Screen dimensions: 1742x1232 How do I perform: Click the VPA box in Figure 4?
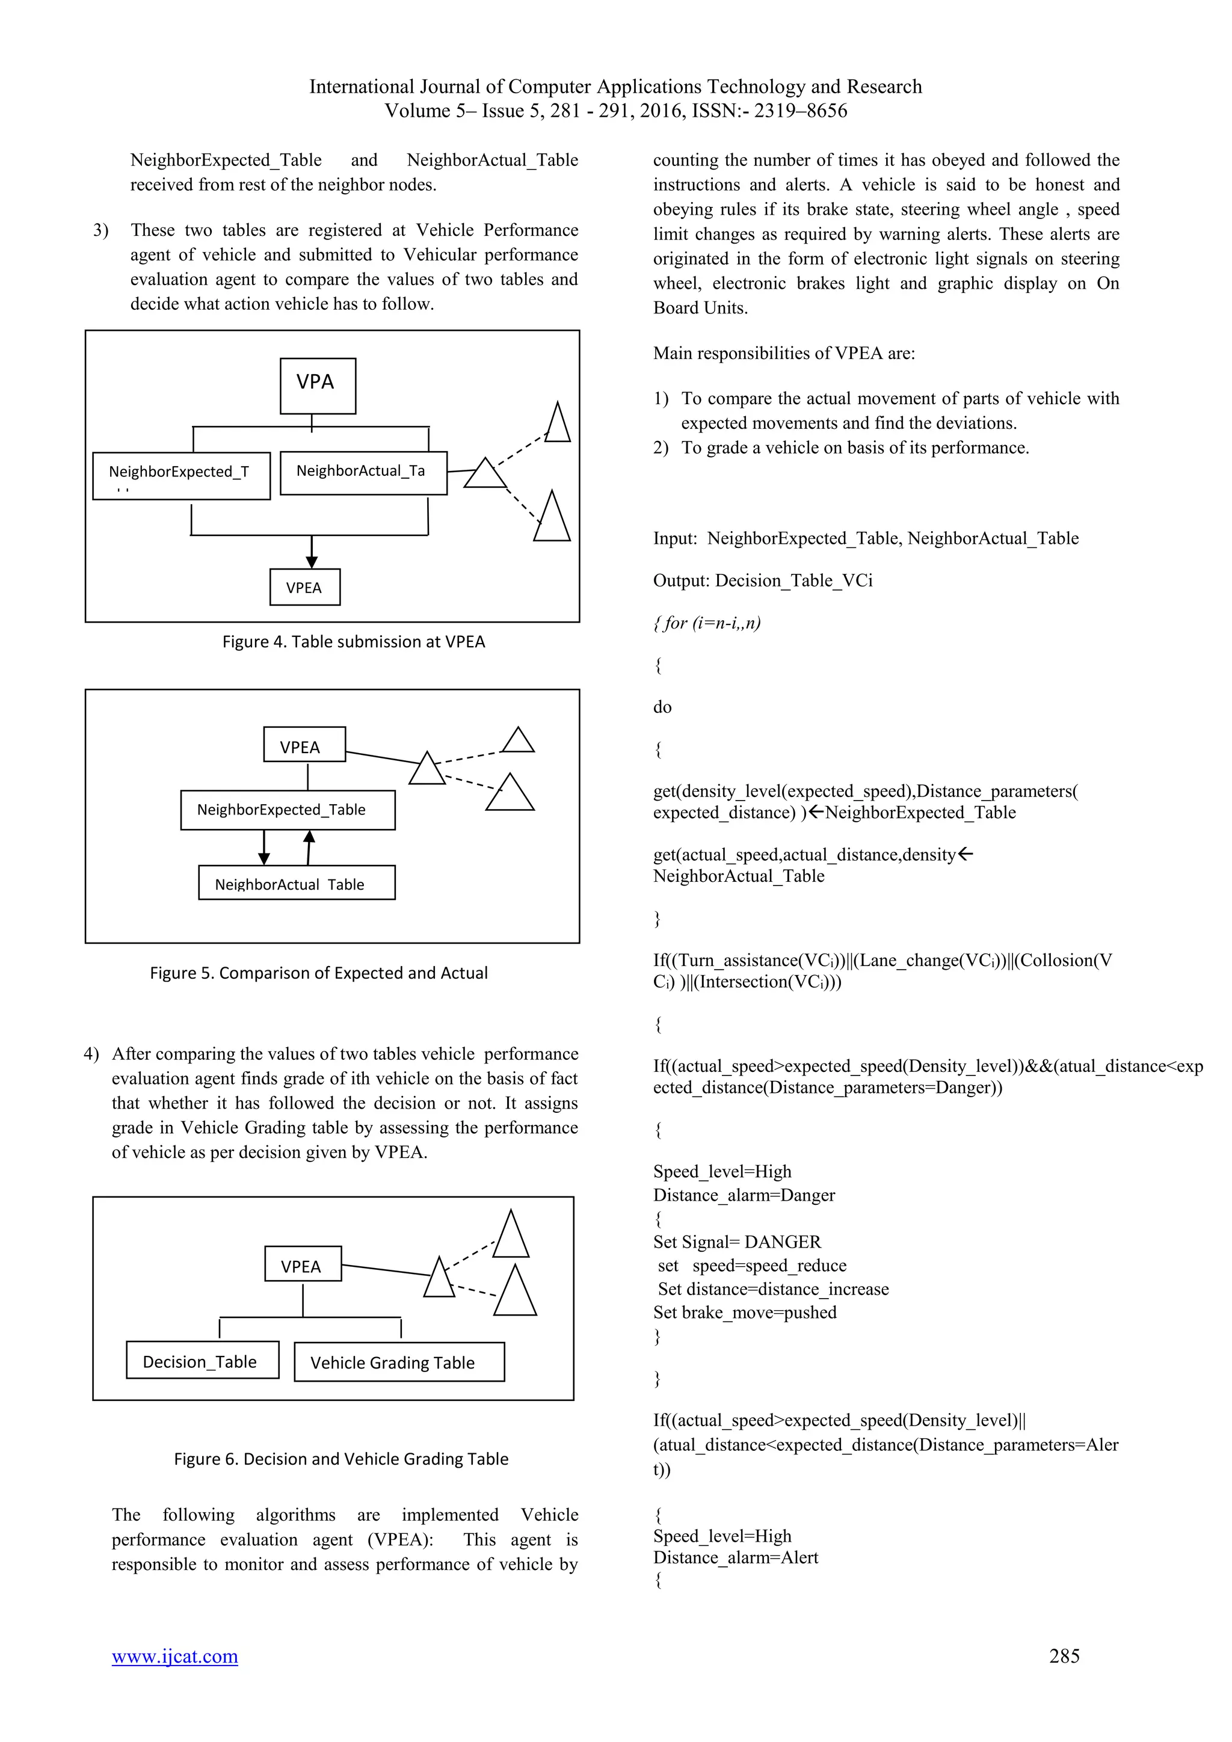(317, 386)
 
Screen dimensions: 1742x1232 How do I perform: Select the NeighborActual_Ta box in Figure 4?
(363, 473)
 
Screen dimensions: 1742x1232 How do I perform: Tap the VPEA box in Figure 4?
(304, 587)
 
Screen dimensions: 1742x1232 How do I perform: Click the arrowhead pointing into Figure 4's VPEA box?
(312, 561)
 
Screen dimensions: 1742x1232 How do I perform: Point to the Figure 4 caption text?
(354, 642)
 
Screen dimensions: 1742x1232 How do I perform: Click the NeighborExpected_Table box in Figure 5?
(288, 810)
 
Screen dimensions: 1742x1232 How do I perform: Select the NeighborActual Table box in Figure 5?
(296, 883)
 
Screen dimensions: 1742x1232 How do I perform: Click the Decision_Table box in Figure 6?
(202, 1361)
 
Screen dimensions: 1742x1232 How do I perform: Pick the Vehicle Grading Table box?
(398, 1362)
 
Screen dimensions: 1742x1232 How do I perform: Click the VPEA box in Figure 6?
(303, 1266)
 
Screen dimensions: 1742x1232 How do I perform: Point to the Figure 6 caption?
(340, 1458)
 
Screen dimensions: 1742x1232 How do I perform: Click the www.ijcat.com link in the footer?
(174, 1655)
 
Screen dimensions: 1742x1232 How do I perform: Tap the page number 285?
(1064, 1655)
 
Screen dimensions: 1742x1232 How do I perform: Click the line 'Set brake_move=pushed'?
(744, 1313)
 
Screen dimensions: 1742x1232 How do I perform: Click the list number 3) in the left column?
(101, 230)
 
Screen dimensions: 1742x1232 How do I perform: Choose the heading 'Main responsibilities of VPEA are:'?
(784, 354)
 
